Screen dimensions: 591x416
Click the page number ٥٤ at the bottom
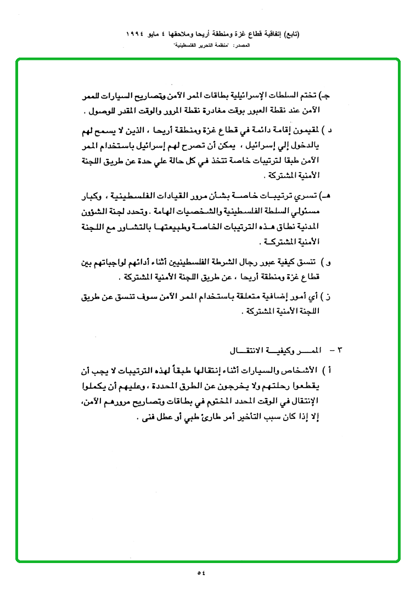tap(201, 573)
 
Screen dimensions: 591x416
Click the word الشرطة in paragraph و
tap(200, 262)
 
